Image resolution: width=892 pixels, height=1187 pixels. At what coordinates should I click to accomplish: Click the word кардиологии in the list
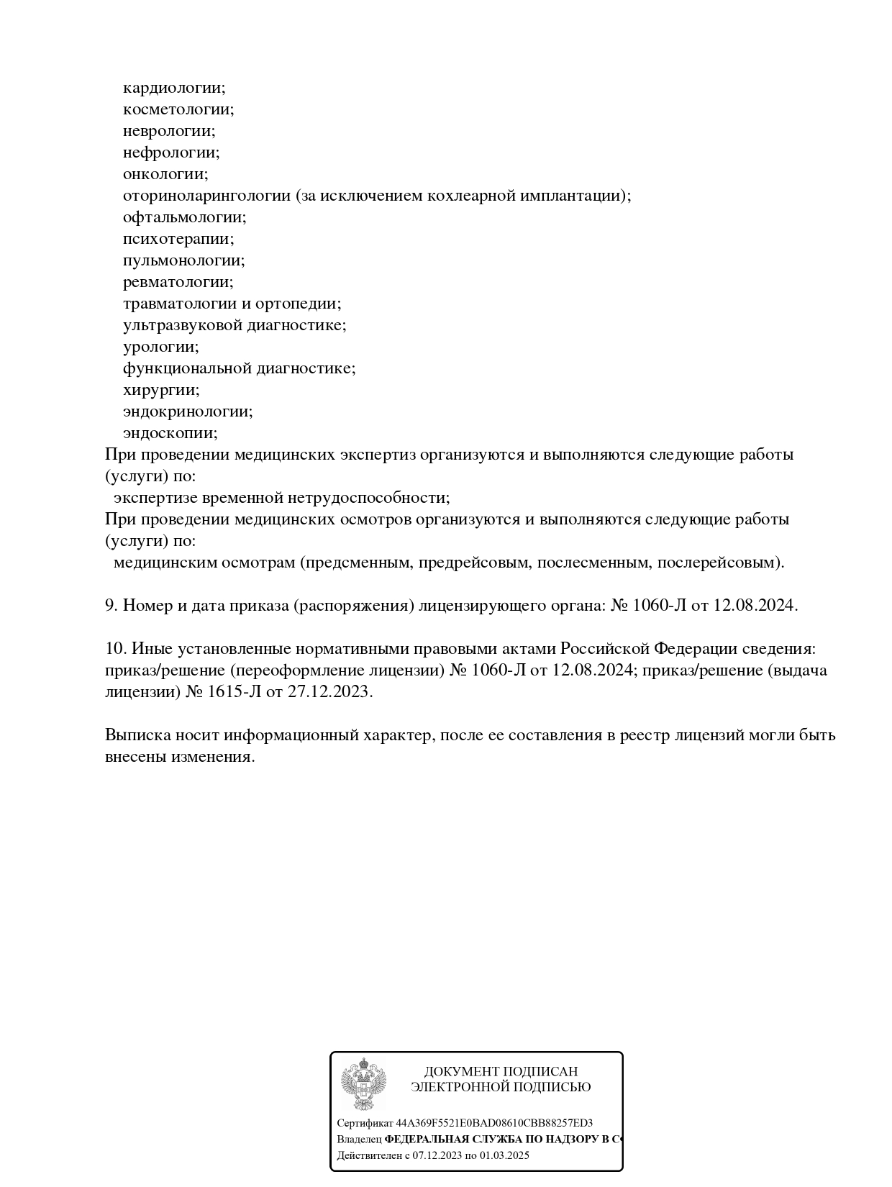coord(173,88)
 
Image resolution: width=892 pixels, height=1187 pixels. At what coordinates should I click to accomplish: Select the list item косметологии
coord(178,109)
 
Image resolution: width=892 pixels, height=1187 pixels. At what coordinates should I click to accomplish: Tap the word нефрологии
coord(170,153)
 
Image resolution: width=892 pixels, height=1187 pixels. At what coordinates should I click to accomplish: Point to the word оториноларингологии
coord(206,196)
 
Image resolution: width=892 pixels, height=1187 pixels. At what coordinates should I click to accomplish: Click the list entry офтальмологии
coord(184,217)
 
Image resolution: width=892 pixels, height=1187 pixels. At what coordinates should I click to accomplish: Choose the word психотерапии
coord(178,239)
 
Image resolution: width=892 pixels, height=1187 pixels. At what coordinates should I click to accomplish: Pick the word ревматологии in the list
coord(178,282)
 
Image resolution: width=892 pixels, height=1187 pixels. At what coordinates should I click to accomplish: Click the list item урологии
coord(160,347)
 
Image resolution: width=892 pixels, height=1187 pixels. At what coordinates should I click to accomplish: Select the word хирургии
coord(160,390)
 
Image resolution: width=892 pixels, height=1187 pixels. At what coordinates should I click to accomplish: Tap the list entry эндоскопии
coord(170,433)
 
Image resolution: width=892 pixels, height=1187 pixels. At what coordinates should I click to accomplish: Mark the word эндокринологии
coord(187,411)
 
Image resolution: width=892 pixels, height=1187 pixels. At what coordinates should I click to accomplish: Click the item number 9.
coord(111,606)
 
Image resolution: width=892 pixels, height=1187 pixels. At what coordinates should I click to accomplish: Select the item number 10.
coord(116,649)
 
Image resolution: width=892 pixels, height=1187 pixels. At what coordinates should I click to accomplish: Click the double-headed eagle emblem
coord(363,1084)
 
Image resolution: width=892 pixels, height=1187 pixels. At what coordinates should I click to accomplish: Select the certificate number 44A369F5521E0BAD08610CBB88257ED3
coord(494,1123)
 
